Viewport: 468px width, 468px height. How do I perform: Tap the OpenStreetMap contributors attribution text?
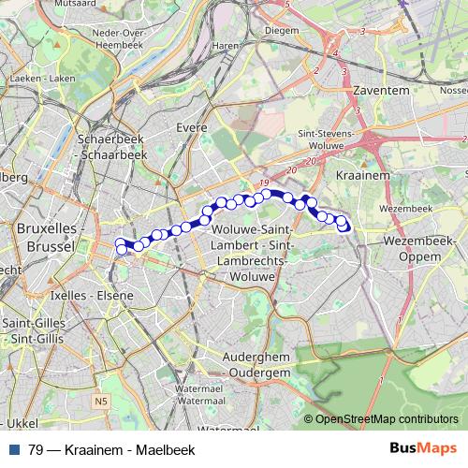coord(387,419)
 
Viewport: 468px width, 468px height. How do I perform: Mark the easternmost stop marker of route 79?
coord(344,225)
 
